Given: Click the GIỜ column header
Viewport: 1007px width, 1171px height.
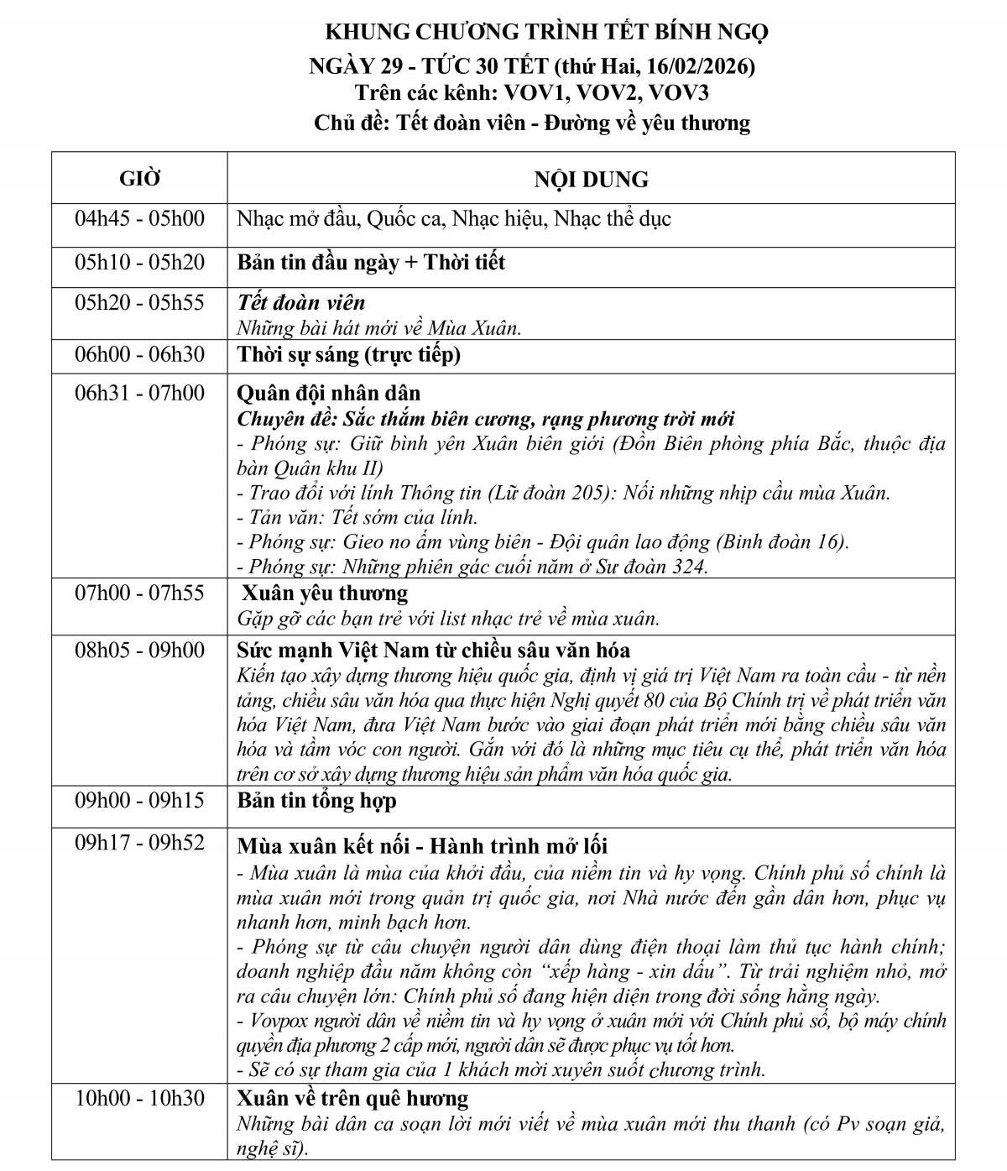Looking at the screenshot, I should [x=139, y=179].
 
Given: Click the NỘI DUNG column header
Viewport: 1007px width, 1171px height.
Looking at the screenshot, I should [x=591, y=179].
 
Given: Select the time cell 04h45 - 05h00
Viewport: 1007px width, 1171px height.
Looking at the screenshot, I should [x=139, y=219].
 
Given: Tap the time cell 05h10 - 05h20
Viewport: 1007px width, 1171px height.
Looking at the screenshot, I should [x=139, y=263].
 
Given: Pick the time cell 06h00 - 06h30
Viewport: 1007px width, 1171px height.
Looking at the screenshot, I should [x=139, y=355].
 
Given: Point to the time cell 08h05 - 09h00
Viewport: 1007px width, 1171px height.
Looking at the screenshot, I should [x=139, y=651].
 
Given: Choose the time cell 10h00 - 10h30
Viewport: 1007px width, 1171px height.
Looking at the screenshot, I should [x=139, y=1099].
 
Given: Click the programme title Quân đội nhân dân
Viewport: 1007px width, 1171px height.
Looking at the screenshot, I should [x=329, y=393].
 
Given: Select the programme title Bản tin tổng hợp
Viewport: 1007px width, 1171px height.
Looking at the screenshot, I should [x=316, y=802].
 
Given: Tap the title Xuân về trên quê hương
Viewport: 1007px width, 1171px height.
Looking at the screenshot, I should [x=352, y=1099].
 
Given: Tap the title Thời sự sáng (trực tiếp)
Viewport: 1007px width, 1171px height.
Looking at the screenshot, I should [x=349, y=355].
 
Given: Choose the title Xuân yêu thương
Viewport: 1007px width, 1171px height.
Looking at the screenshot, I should [x=325, y=593].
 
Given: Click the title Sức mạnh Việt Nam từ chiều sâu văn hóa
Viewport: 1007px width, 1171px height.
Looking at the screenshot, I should [x=433, y=651].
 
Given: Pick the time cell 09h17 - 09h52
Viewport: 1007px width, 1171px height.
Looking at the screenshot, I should [x=139, y=844].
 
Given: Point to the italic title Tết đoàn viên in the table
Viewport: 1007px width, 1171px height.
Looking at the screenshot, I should [x=301, y=303].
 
